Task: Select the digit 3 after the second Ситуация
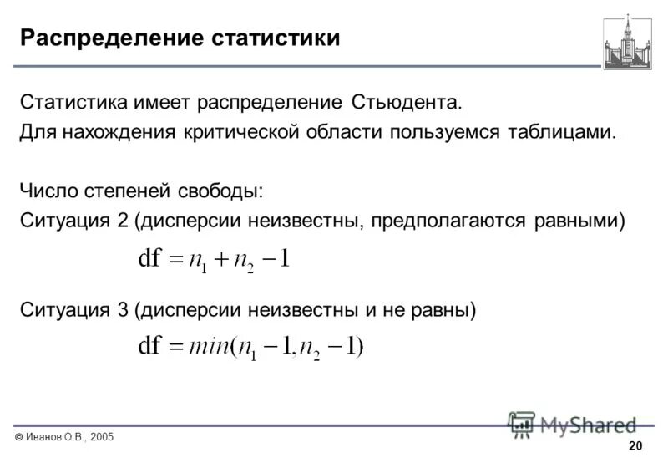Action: pyautogui.click(x=122, y=310)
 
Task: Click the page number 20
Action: pyautogui.click(x=635, y=445)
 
